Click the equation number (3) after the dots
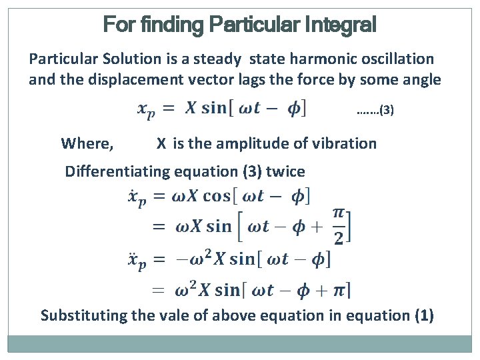click(386, 111)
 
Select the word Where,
click(87, 143)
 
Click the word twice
click(285, 171)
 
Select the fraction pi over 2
click(339, 227)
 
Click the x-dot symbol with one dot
click(136, 198)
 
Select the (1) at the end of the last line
click(423, 315)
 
